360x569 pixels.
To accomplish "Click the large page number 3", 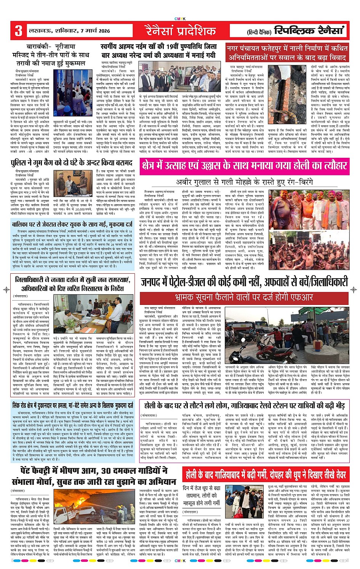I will pos(18,30).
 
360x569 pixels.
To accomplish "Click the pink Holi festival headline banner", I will pos(244,165).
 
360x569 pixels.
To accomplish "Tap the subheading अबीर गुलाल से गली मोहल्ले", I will pos(244,182).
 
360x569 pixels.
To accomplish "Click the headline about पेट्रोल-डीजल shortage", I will pos(244,282).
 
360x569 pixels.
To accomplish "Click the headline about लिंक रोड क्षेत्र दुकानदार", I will pos(72,405).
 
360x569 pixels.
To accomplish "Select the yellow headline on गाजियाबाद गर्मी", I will pos(266,474).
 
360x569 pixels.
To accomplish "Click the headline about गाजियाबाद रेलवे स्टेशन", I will pos(244,405).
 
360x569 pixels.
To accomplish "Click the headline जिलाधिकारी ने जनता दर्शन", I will pos(72,284).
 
